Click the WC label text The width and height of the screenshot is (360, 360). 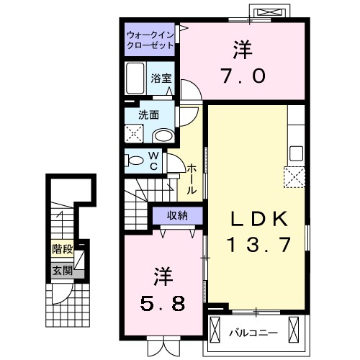153,159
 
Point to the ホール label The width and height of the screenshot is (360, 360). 192,178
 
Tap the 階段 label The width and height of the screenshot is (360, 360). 61,250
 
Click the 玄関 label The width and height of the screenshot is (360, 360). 61,271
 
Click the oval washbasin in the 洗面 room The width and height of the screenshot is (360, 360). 163,135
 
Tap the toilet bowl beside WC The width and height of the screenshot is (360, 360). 135,160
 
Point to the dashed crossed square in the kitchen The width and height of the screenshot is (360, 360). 294,177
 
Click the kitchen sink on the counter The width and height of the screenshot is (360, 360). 296,153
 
